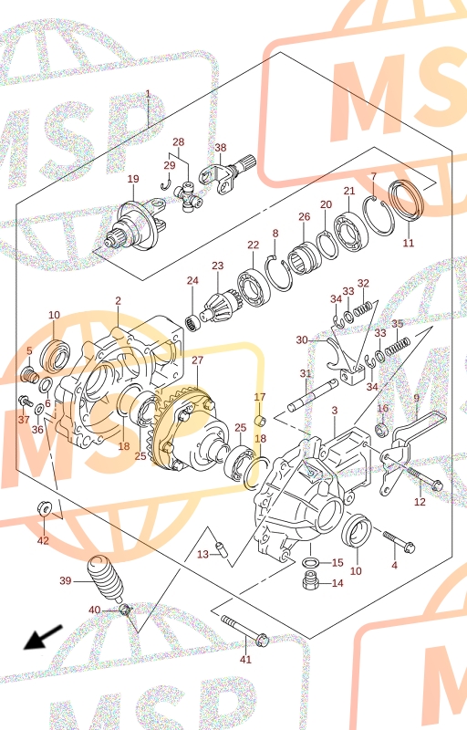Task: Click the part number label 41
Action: tap(245, 659)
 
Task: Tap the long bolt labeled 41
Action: tap(244, 631)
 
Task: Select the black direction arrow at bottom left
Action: tap(42, 637)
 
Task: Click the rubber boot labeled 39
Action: tap(106, 579)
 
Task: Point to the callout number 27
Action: tap(198, 360)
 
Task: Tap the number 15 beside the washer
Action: tap(337, 562)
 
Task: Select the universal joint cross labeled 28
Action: tap(189, 201)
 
